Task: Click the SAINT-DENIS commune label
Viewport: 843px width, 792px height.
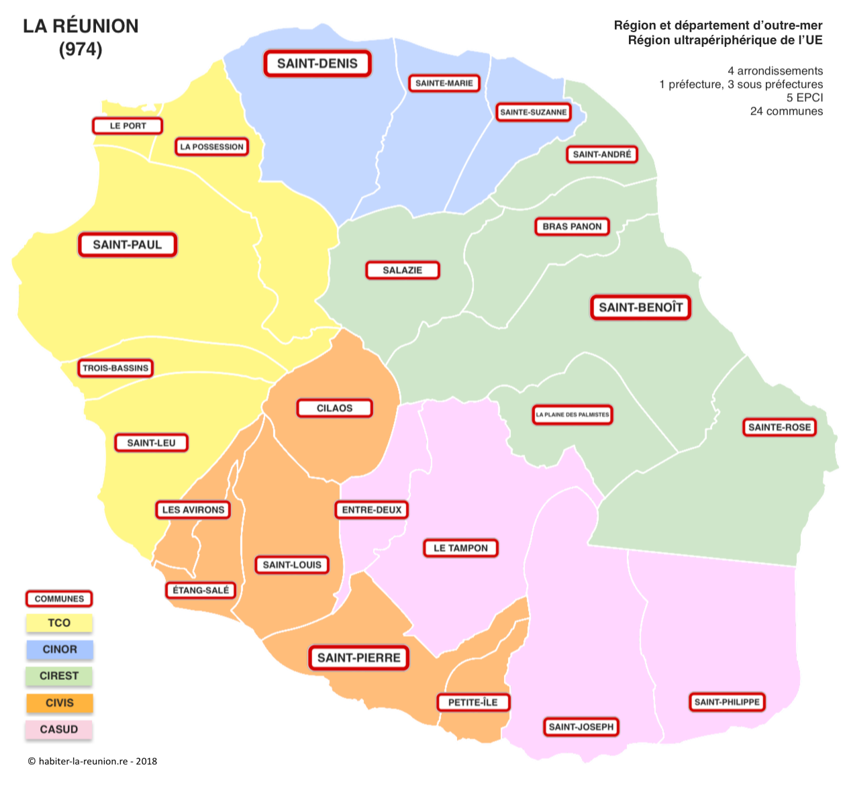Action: tap(317, 64)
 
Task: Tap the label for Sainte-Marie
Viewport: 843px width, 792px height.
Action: tap(444, 83)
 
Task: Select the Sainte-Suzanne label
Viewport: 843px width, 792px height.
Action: tap(533, 112)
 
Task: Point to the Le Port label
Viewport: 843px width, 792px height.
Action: tap(128, 126)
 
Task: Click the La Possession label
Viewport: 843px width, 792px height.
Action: tap(211, 147)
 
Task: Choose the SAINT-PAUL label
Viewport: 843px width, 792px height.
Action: tap(128, 245)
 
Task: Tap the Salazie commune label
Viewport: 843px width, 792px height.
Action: tap(403, 270)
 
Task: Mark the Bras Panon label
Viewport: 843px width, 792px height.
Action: tap(572, 227)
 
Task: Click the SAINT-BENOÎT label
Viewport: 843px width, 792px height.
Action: tap(640, 307)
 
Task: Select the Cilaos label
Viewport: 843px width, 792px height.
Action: tap(334, 408)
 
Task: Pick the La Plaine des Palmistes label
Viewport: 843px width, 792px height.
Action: tap(573, 415)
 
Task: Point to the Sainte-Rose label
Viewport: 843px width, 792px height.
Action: tap(779, 428)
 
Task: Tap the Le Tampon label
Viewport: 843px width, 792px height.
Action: tap(460, 548)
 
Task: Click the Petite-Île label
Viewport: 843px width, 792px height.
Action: tap(473, 703)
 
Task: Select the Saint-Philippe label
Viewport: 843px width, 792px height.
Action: tap(727, 702)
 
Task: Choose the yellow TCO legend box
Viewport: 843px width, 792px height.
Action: tap(59, 623)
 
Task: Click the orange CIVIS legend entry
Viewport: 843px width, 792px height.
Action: tap(59, 703)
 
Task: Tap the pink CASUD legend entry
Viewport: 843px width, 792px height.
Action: tap(59, 730)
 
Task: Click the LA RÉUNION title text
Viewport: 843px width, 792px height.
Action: tap(81, 26)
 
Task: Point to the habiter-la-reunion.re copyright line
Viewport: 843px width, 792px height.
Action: tap(93, 761)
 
